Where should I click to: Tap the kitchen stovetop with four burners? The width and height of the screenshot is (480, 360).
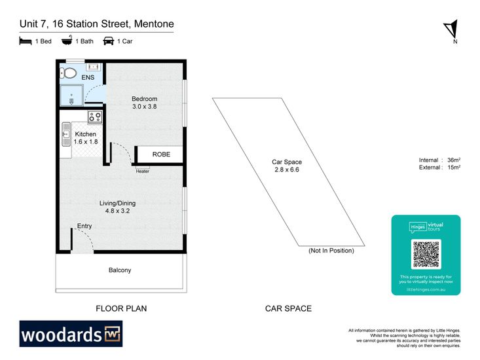95,117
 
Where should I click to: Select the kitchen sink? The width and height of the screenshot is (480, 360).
65,135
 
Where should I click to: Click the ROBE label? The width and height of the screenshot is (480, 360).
161,154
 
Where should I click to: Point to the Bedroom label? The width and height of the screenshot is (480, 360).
145,99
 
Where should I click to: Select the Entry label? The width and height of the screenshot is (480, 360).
84,226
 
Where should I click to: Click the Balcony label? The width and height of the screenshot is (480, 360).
120,270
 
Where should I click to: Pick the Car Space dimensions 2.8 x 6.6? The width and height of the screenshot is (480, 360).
287,170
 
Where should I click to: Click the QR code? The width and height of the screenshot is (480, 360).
426,254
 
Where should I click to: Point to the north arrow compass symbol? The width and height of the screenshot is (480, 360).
450,28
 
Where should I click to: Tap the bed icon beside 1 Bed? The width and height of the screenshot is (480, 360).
26,41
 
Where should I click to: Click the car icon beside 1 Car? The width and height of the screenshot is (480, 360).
108,41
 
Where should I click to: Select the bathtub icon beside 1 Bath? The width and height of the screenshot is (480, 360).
67,41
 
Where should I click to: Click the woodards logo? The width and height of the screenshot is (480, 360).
71,334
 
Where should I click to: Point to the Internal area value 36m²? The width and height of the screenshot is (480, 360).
453,160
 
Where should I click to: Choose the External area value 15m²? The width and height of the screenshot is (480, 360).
453,168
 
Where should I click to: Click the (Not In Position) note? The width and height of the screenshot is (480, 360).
331,251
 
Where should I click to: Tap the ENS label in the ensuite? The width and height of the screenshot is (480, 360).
88,78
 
